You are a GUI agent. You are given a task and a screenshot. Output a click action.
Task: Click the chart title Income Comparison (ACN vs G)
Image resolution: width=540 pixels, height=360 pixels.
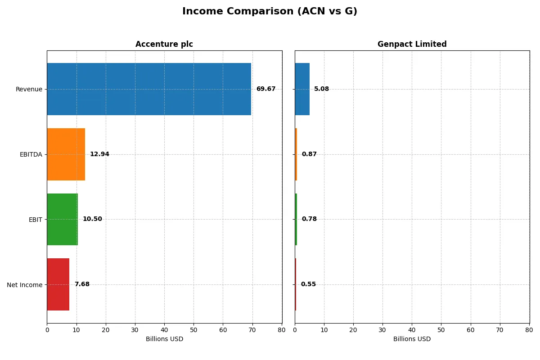(x=270, y=12)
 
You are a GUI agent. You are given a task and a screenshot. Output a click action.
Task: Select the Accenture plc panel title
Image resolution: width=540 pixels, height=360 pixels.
(x=164, y=44)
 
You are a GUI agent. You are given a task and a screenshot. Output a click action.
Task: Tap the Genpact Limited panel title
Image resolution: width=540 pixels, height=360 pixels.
(x=412, y=44)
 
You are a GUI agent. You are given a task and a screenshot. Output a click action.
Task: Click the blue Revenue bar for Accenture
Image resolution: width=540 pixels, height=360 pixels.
(x=149, y=89)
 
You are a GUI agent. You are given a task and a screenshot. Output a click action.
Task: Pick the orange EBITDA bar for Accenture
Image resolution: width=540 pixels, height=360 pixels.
(x=66, y=154)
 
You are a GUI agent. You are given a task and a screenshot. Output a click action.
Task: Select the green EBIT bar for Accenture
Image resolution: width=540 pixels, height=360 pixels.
(x=63, y=219)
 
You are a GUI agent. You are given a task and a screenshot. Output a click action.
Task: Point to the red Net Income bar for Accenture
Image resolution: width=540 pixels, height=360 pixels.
(x=58, y=284)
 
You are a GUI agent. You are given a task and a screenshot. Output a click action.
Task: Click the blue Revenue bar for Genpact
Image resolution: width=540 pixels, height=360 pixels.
(x=302, y=89)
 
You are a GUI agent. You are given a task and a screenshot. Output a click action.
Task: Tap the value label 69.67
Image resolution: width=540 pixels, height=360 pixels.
(x=266, y=89)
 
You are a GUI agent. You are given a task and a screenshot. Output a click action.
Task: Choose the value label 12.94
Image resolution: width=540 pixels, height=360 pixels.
(x=99, y=154)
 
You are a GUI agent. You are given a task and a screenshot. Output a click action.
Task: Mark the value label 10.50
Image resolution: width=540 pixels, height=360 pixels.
(x=92, y=219)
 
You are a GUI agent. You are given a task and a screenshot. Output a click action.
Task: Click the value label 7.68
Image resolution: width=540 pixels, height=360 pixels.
(x=82, y=284)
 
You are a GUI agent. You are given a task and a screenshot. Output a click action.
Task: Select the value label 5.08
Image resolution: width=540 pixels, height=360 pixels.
(x=321, y=89)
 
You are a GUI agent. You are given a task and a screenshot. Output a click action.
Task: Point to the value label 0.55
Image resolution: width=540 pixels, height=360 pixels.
(x=308, y=284)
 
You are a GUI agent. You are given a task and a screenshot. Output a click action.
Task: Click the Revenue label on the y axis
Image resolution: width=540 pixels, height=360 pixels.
(x=29, y=89)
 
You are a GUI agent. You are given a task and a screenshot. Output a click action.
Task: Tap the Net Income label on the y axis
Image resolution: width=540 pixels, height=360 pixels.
(x=24, y=285)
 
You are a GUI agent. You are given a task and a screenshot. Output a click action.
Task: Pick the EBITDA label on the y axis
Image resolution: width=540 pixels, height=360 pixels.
(x=31, y=154)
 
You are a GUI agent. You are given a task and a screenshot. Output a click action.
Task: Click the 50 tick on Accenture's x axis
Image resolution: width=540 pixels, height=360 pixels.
(x=193, y=330)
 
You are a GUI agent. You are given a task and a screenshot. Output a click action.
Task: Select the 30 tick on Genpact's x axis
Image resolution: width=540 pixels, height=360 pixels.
(x=382, y=330)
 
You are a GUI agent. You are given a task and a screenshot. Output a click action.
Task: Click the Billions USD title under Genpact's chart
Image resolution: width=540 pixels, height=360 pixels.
(x=412, y=339)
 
